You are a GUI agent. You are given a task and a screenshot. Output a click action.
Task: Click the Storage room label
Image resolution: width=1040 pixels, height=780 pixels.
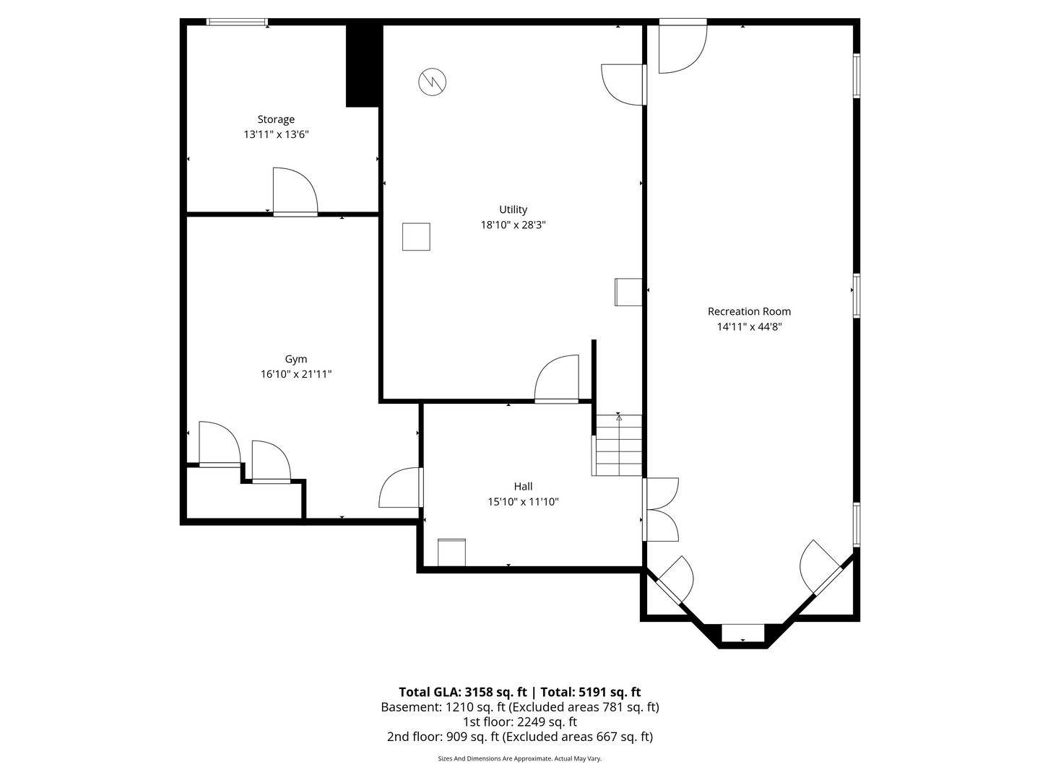[276, 119]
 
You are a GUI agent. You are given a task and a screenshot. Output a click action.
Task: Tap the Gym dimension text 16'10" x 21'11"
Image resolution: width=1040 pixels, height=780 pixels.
[296, 374]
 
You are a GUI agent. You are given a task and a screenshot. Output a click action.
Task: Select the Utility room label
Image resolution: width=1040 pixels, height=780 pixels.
[513, 209]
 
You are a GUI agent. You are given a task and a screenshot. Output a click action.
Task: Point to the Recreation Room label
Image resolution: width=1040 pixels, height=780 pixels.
[749, 311]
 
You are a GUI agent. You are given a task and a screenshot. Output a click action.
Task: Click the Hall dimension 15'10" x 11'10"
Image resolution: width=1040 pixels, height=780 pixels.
[523, 501]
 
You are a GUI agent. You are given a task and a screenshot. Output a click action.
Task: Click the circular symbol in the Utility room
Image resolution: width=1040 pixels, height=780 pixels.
[432, 82]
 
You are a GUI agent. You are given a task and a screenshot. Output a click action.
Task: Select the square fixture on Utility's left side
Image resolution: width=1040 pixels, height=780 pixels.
[416, 237]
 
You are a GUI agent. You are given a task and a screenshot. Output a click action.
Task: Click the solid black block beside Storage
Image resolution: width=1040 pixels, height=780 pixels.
[363, 66]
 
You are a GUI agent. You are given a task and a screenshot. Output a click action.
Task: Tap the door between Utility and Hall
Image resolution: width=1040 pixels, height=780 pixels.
[557, 379]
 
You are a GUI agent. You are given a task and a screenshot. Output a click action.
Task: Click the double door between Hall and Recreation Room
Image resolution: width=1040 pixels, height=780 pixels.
[660, 509]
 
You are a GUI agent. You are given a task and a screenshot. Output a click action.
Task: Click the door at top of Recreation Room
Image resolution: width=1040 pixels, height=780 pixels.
[682, 47]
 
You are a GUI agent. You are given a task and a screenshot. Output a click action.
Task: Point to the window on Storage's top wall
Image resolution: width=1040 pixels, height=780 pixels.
[237, 22]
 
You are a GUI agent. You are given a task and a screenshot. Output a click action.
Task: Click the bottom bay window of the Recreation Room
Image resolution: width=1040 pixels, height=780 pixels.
[743, 632]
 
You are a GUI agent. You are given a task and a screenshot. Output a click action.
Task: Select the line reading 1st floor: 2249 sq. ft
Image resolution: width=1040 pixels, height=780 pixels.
[520, 721]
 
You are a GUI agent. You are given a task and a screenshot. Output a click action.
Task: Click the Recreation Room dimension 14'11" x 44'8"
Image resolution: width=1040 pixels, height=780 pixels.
[749, 326]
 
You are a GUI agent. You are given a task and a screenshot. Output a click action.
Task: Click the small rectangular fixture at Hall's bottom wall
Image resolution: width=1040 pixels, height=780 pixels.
[452, 552]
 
